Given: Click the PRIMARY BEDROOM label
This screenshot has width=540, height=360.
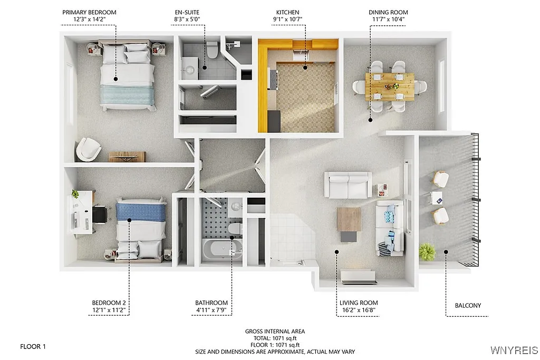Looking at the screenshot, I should (89, 12).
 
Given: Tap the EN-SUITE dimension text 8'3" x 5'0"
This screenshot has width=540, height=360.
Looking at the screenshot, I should (187, 20).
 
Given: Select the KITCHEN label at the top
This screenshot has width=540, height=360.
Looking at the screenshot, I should (287, 12).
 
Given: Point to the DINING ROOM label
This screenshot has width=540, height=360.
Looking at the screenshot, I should (389, 12).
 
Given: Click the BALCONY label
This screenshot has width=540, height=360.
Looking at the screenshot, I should (468, 305).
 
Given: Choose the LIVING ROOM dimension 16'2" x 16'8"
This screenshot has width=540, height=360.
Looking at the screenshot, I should (359, 310).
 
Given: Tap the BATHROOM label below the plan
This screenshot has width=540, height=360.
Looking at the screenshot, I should (211, 303).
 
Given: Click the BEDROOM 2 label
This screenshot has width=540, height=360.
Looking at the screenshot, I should (109, 303).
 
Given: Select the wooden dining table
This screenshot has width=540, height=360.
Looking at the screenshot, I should (390, 86).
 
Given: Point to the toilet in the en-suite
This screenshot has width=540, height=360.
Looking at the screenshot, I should (213, 50).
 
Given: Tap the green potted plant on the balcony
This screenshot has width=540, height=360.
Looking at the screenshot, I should (427, 252).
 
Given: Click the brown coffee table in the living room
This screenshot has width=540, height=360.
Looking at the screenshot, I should (349, 219).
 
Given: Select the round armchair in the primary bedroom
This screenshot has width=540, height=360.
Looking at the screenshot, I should (88, 150).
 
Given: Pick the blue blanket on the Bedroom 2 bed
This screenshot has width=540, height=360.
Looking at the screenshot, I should (141, 212).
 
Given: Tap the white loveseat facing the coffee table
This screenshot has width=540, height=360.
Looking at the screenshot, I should (348, 185).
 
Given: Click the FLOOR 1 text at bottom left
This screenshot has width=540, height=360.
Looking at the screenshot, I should (33, 347).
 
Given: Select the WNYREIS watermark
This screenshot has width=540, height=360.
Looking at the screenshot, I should (514, 350).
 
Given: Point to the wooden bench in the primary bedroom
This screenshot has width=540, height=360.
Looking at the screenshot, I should (127, 157).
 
